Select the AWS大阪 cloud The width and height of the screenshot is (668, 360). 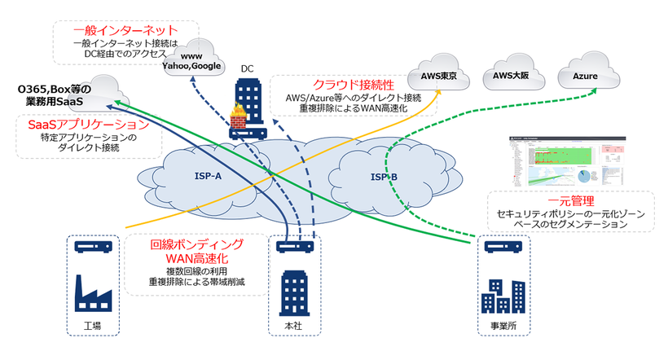click(510, 76)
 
